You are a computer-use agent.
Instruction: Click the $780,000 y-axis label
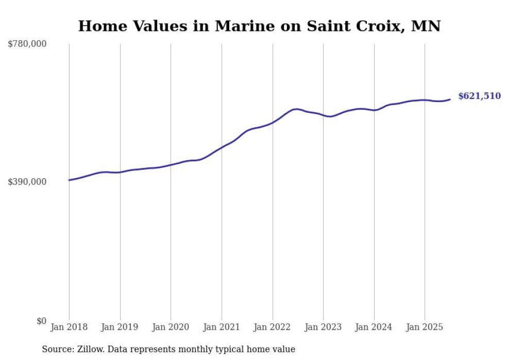pos(27,44)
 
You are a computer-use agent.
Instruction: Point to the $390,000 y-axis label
pos(27,182)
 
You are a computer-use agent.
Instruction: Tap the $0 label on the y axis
pos(41,321)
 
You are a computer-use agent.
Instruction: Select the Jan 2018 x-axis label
pos(69,327)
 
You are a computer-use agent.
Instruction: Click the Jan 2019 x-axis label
pos(120,327)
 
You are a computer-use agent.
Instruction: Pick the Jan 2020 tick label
pos(171,327)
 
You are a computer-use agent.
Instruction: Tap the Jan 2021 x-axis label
pos(222,327)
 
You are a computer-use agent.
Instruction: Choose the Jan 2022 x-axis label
pos(273,327)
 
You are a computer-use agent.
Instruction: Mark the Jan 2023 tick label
pos(323,327)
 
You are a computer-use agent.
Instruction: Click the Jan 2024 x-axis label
pos(374,327)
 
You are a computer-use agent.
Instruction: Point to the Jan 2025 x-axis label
pos(425,327)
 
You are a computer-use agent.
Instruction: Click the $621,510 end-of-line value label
pos(479,96)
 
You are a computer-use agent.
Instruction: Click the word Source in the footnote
pos(58,350)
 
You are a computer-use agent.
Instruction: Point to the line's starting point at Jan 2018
pos(69,180)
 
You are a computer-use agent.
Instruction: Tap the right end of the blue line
pos(450,99)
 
